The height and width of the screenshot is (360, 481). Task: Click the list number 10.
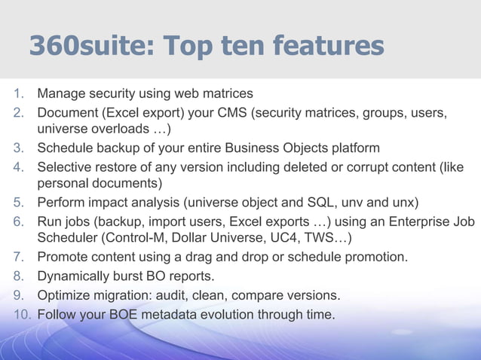[x=21, y=314]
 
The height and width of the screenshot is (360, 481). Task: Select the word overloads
[x=120, y=129]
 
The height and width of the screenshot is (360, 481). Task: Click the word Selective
[x=64, y=166]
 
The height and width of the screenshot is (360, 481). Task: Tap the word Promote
[x=63, y=257]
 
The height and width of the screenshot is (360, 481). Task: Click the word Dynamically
[x=75, y=276]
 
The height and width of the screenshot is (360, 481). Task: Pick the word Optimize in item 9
[x=63, y=295]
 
